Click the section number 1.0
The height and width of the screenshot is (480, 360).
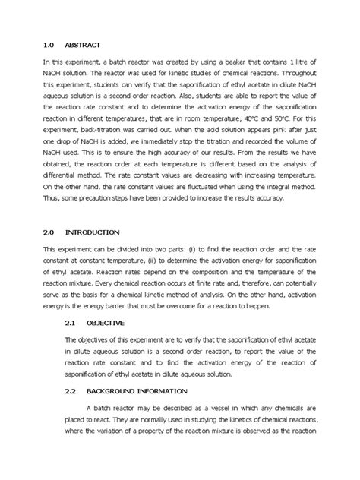tap(48, 44)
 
